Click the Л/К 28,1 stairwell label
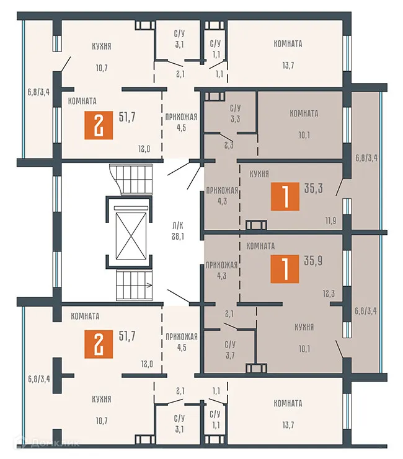tap(178, 231)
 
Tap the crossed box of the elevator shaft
tap(131, 236)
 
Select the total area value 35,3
tap(313, 188)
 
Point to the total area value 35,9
tap(313, 261)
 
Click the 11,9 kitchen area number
tap(330, 221)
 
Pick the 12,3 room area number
tap(329, 294)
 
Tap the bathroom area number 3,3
tap(236, 119)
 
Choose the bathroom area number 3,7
tap(230, 356)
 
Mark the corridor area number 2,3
tap(229, 145)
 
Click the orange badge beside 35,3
tap(285, 196)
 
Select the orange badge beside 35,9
tap(285, 269)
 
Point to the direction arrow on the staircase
tap(149, 285)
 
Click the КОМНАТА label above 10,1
tap(304, 113)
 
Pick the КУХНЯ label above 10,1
tap(304, 327)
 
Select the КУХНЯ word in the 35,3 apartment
tap(259, 174)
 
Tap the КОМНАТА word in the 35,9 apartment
tap(260, 246)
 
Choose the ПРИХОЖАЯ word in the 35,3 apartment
tap(222, 191)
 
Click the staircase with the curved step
tap(131, 179)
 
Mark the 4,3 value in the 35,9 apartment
tap(221, 276)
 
